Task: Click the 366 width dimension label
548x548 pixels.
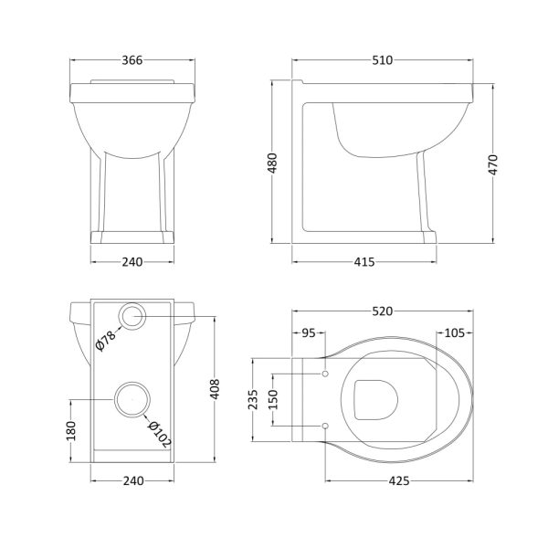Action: coord(132,60)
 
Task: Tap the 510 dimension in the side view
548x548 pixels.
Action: coord(383,60)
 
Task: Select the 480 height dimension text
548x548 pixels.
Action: coord(272,163)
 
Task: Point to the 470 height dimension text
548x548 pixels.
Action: coord(493,164)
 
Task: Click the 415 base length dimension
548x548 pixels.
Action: coord(364,262)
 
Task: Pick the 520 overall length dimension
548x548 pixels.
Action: coord(383,311)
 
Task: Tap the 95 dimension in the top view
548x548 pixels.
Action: coord(309,333)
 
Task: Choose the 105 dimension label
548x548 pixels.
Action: coord(454,333)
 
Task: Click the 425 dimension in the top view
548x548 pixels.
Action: coord(399,481)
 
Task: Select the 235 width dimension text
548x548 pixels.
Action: coord(253,399)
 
